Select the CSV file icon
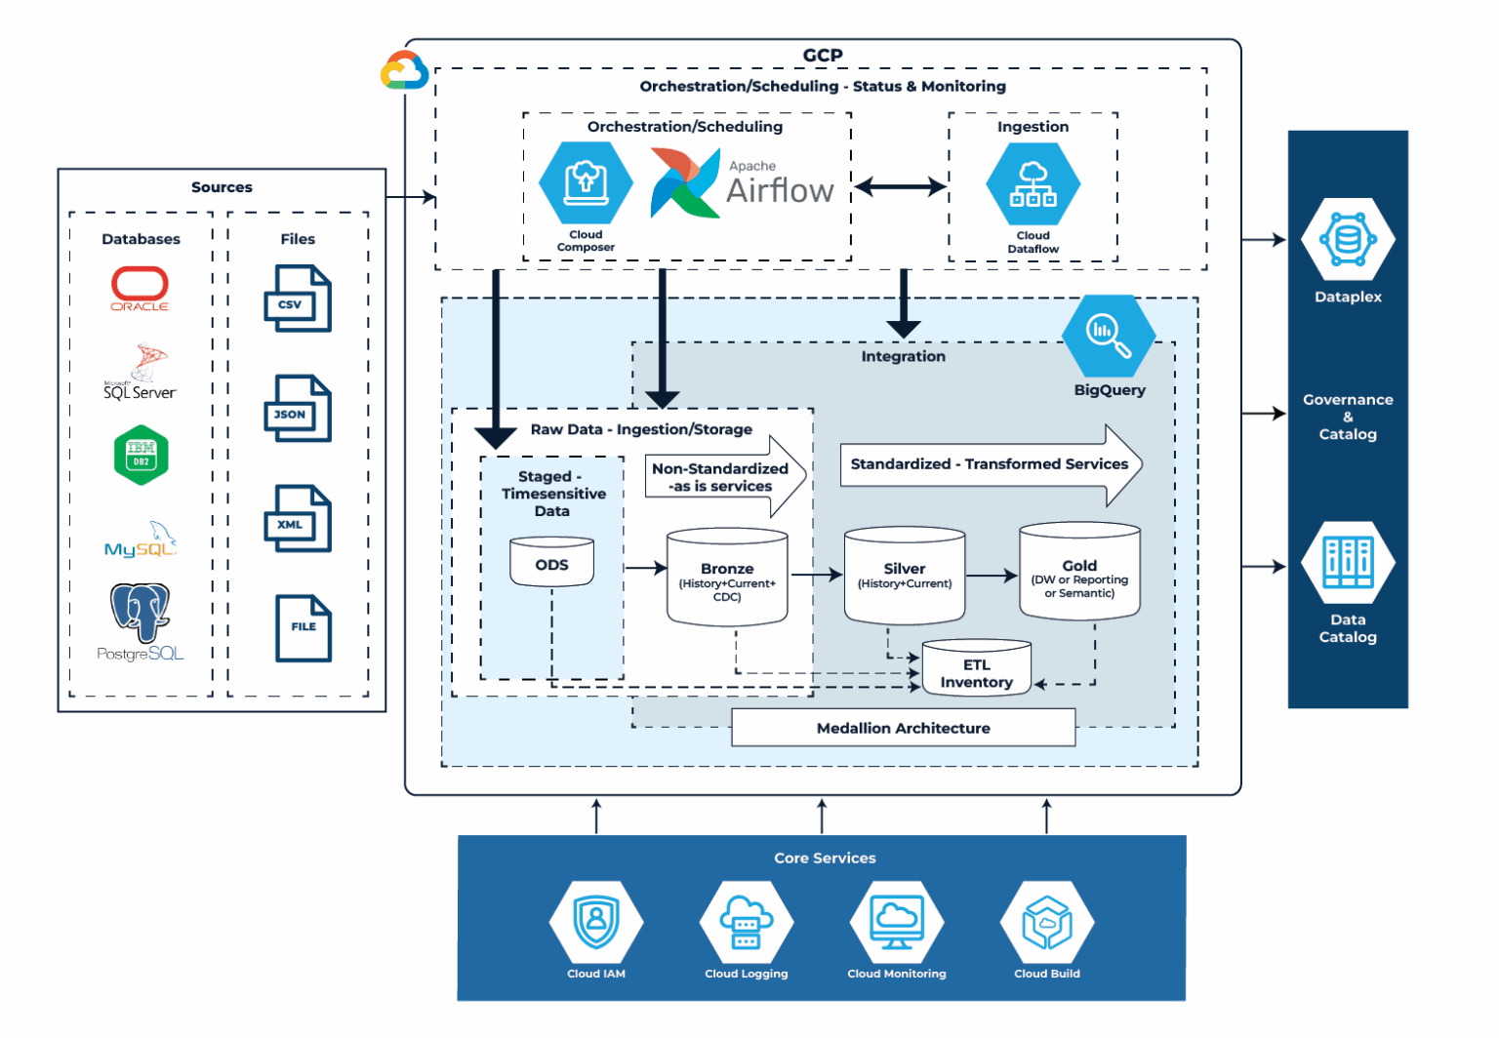(x=298, y=299)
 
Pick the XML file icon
(x=298, y=519)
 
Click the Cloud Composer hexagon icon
(x=586, y=182)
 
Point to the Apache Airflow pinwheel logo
(x=684, y=183)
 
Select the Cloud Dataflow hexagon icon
(x=1033, y=183)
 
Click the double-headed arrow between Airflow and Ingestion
(x=900, y=186)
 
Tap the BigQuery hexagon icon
(x=1109, y=334)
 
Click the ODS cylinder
(x=551, y=563)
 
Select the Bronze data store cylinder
(x=727, y=577)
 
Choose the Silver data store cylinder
(x=905, y=575)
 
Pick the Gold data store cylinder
(x=1079, y=572)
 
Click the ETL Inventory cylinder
(x=976, y=669)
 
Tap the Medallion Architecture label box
(x=903, y=728)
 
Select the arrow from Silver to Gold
(x=992, y=576)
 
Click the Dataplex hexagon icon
(x=1348, y=239)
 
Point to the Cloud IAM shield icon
(x=596, y=922)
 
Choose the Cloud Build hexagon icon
(x=1046, y=922)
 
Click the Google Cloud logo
(x=404, y=71)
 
